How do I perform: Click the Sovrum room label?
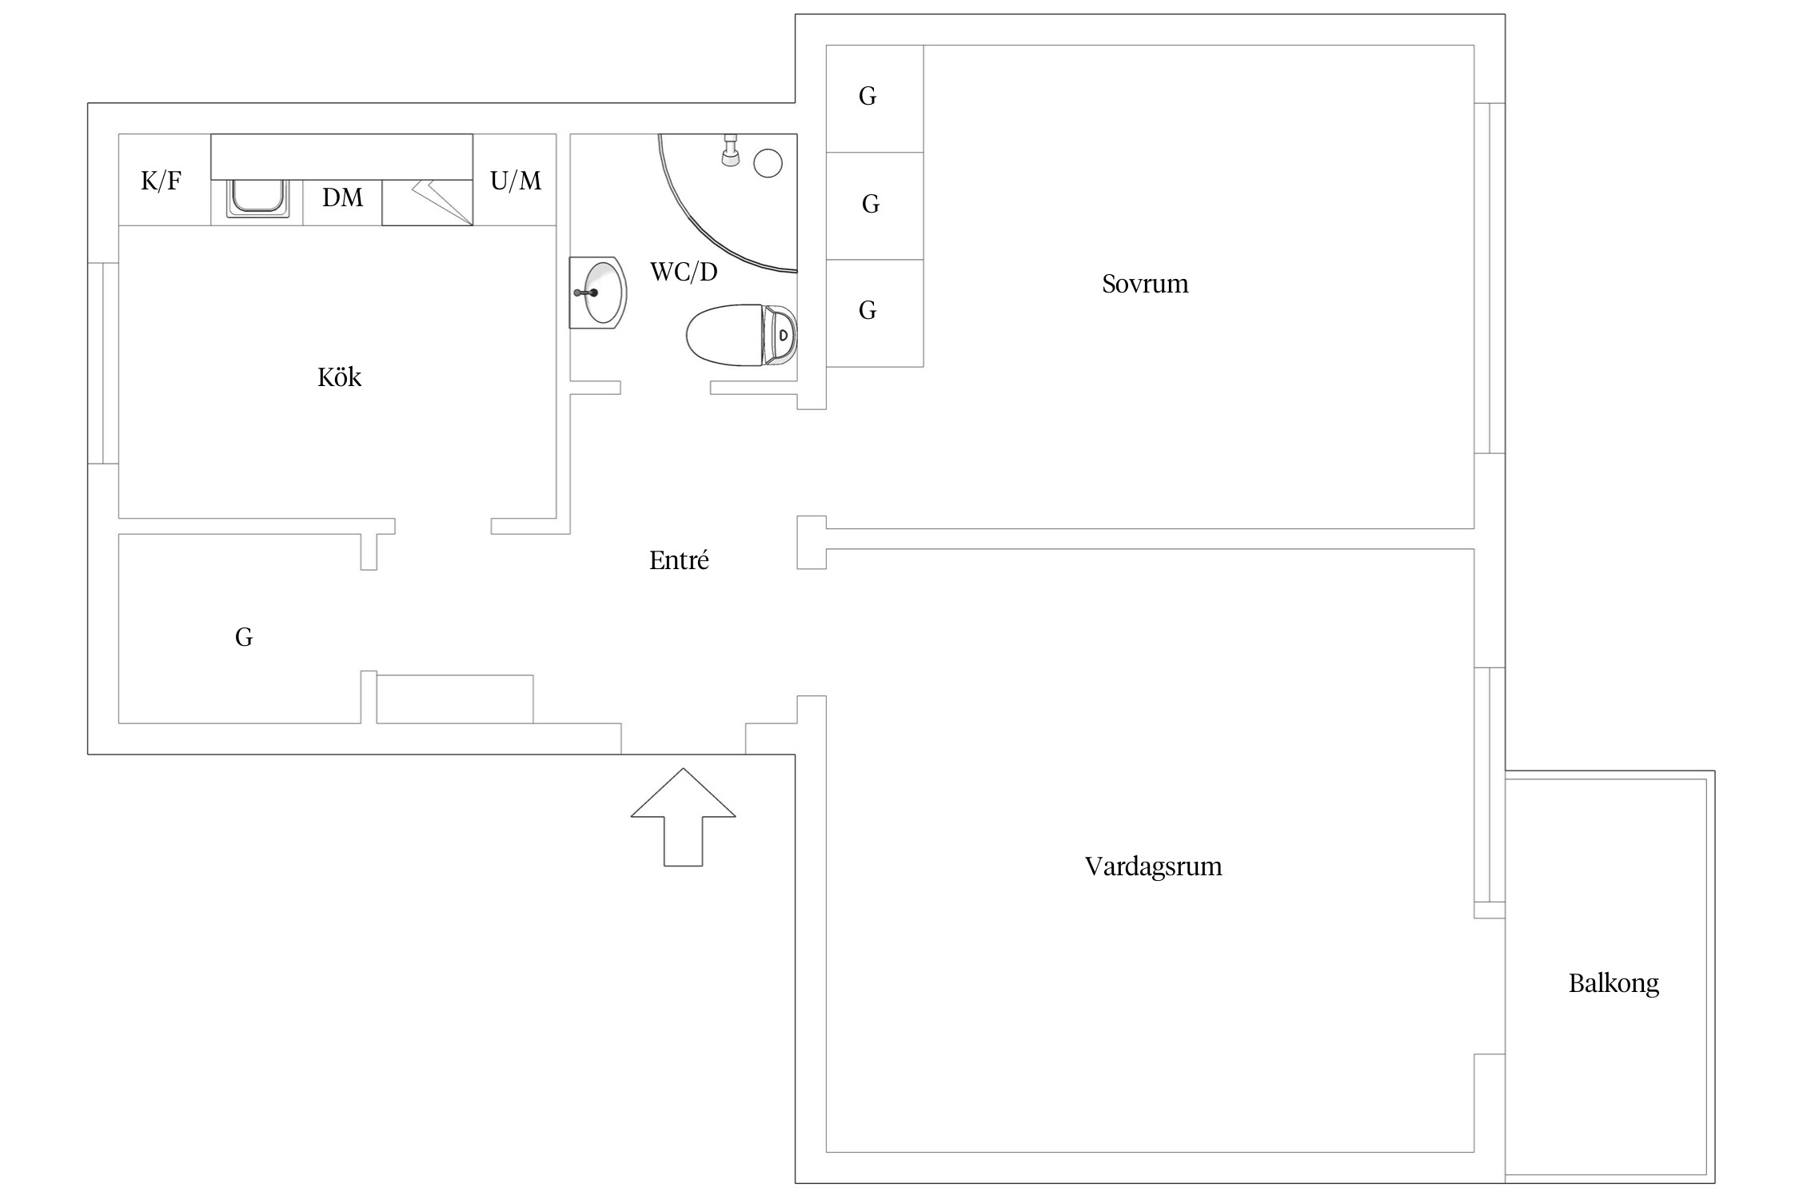(1145, 284)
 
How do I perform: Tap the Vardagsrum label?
(1153, 866)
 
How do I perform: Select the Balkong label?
(1614, 983)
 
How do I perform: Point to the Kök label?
(340, 376)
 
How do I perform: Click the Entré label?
(679, 560)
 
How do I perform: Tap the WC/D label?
(684, 272)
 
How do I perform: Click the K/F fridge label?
(162, 181)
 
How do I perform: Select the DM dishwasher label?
(342, 197)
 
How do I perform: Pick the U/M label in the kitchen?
(516, 181)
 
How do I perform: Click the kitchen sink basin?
(257, 197)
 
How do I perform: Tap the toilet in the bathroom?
(742, 335)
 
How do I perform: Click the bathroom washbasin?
(597, 293)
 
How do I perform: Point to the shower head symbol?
(730, 150)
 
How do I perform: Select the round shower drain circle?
(768, 163)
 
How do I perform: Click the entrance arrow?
(683, 817)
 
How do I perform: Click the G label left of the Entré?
(244, 637)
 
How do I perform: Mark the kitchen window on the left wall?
(103, 363)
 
